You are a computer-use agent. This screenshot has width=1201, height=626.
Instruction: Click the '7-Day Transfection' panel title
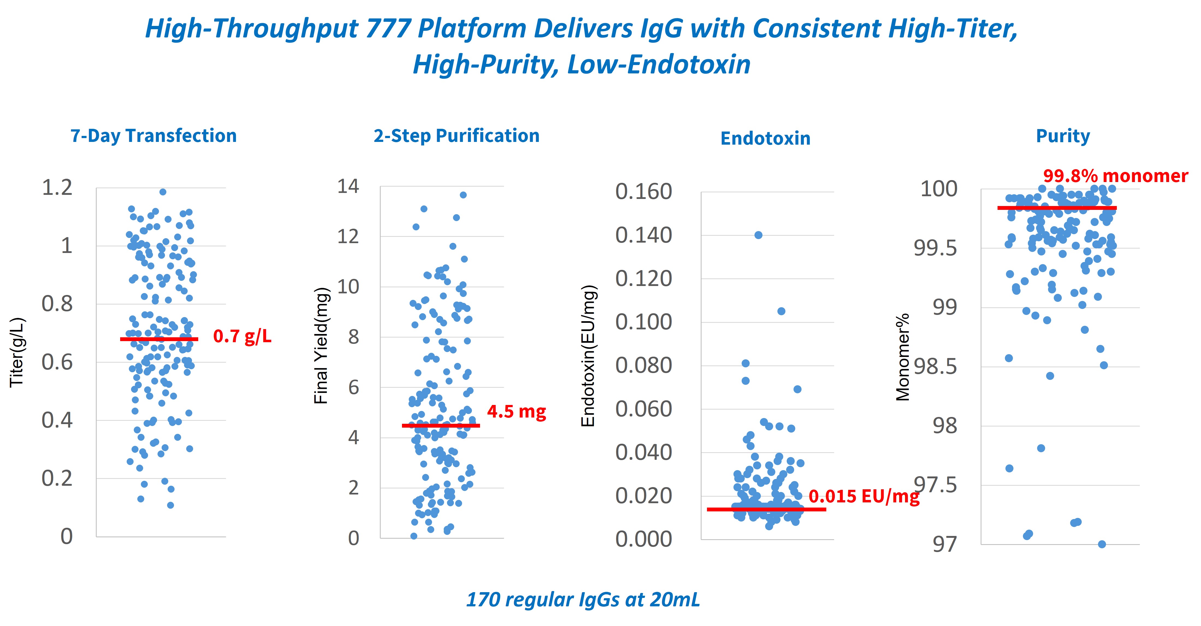(153, 136)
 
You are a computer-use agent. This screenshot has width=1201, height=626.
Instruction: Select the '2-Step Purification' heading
(456, 136)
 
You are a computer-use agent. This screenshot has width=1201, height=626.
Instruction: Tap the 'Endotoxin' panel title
(765, 138)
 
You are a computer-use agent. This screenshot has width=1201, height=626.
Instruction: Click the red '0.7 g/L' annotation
(242, 336)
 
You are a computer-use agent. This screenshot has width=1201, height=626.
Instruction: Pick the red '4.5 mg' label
(516, 412)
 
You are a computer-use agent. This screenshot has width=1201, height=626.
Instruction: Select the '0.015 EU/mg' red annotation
(863, 496)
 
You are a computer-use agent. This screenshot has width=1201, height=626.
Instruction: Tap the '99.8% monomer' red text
(1115, 176)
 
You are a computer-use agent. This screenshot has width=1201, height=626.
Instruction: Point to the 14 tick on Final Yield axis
(348, 186)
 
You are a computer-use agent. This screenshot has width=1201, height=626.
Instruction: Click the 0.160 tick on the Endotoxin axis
(643, 192)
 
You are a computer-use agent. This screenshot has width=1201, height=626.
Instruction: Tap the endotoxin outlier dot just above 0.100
(781, 311)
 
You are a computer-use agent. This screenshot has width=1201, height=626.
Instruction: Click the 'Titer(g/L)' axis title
(17, 352)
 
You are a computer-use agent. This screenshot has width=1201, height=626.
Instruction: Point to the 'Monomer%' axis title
(903, 357)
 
